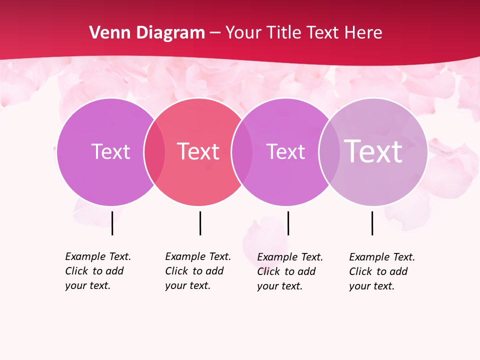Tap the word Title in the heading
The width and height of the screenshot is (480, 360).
(x=283, y=33)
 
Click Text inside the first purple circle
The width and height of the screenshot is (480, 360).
(x=110, y=151)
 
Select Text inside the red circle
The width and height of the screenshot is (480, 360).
(x=198, y=151)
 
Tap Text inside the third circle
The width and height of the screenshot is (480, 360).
(x=285, y=151)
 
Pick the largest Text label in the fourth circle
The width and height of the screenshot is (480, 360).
(x=373, y=151)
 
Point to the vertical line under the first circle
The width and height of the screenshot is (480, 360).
(x=112, y=223)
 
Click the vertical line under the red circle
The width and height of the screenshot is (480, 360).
(x=200, y=223)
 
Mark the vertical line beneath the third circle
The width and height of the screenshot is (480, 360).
(x=288, y=223)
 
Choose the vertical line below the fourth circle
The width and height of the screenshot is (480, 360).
(x=372, y=223)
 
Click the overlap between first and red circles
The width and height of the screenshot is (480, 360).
(x=154, y=152)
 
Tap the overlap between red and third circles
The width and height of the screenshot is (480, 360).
(x=242, y=152)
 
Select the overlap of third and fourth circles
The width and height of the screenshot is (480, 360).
(x=329, y=152)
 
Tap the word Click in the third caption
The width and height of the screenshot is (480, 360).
(x=268, y=271)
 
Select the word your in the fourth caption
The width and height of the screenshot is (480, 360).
(x=359, y=286)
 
